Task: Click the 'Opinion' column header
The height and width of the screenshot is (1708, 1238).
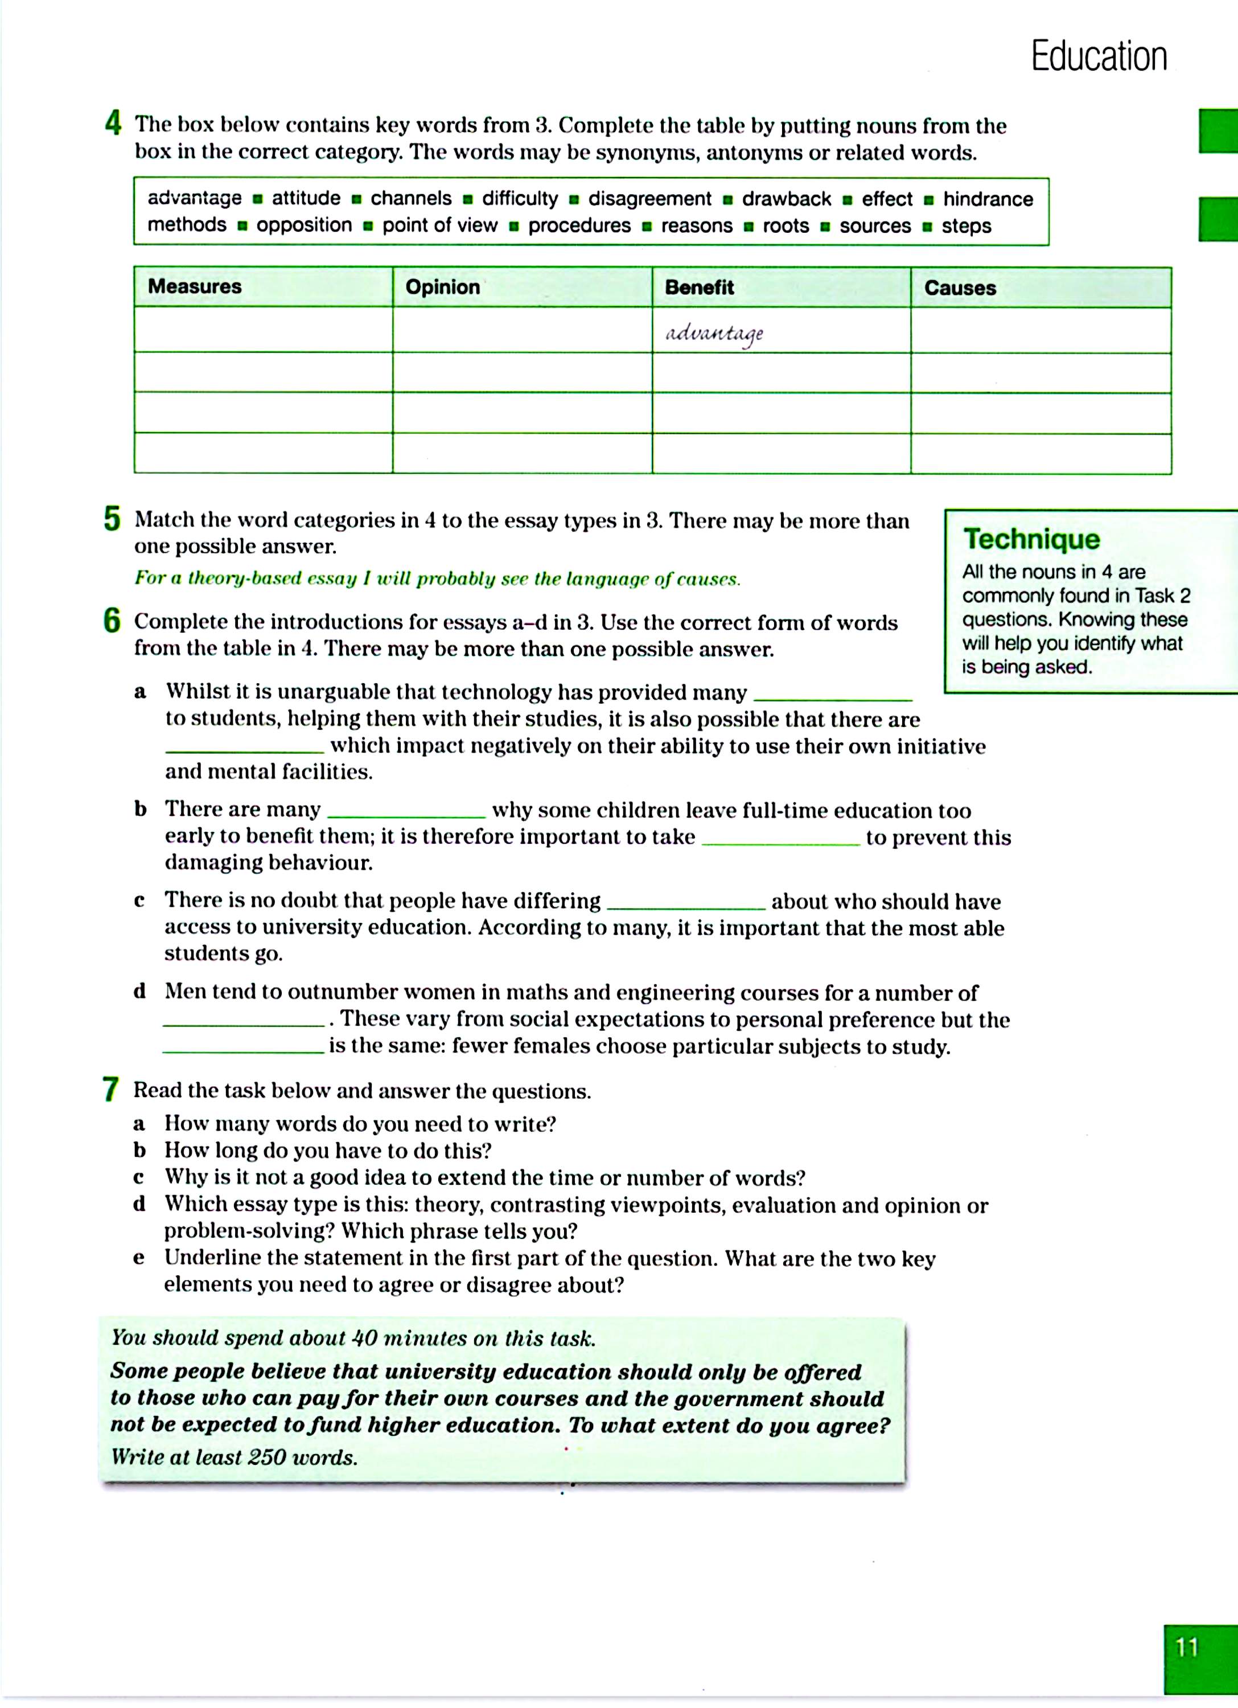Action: [442, 287]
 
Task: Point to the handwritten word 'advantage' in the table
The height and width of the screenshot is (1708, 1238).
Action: [714, 334]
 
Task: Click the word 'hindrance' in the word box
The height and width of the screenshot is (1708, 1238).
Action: [988, 199]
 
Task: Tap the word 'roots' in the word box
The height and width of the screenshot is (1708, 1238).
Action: [785, 226]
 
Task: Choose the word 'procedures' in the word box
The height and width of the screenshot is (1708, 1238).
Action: [579, 226]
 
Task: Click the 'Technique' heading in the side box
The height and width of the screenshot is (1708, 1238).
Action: [1031, 539]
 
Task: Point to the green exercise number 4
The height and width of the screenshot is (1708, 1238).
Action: [113, 124]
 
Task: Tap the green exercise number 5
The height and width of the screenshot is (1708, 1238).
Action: [112, 519]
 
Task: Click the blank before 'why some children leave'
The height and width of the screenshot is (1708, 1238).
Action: [406, 816]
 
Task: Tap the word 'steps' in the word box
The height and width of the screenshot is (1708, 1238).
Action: [966, 226]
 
